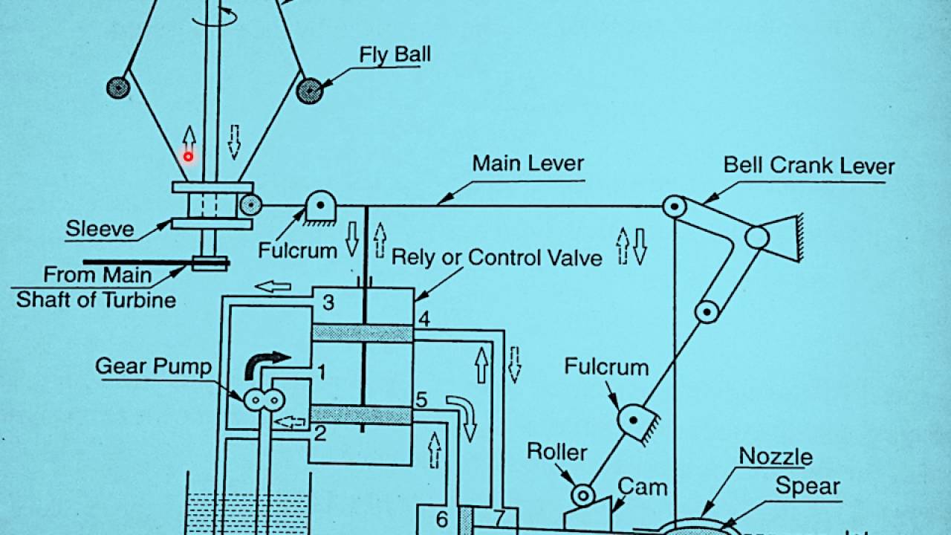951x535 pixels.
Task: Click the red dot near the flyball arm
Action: tap(189, 156)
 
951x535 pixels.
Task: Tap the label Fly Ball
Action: tap(395, 55)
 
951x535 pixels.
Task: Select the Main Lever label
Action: tap(528, 163)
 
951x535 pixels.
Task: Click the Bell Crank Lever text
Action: tap(809, 166)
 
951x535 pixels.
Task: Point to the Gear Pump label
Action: tap(153, 366)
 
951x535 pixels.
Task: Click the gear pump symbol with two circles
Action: tap(265, 400)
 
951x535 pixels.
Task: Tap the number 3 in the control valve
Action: tap(328, 303)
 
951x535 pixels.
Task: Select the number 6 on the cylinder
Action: tap(441, 519)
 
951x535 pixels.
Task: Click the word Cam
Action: tap(643, 488)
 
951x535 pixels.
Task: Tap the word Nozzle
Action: tap(776, 456)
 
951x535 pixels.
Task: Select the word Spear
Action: tap(808, 487)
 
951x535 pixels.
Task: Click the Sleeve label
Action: tap(100, 228)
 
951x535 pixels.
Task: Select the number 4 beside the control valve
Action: tap(423, 320)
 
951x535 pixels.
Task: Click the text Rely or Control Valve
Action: tap(496, 258)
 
